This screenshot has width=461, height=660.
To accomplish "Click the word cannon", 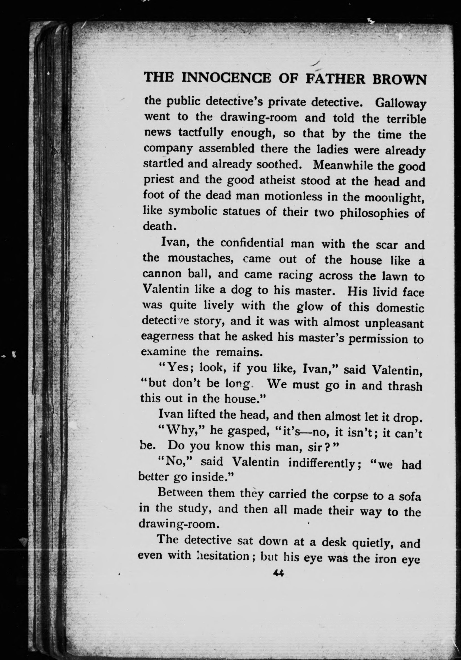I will (162, 274).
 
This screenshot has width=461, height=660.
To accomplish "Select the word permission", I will (378, 340).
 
